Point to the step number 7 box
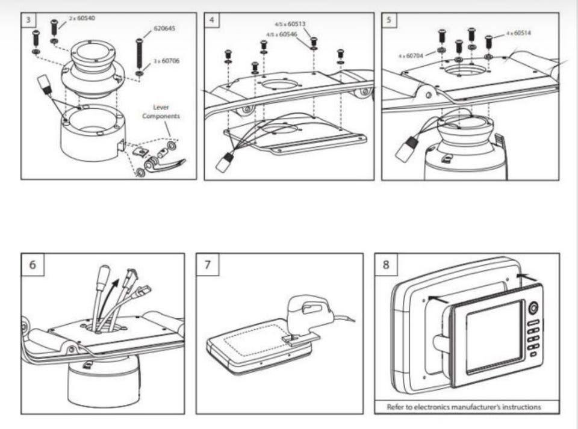(x=207, y=264)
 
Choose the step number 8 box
(x=385, y=264)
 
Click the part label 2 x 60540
(x=82, y=19)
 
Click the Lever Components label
(x=156, y=111)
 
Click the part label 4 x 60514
(x=518, y=32)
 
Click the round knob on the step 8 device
(x=533, y=308)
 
